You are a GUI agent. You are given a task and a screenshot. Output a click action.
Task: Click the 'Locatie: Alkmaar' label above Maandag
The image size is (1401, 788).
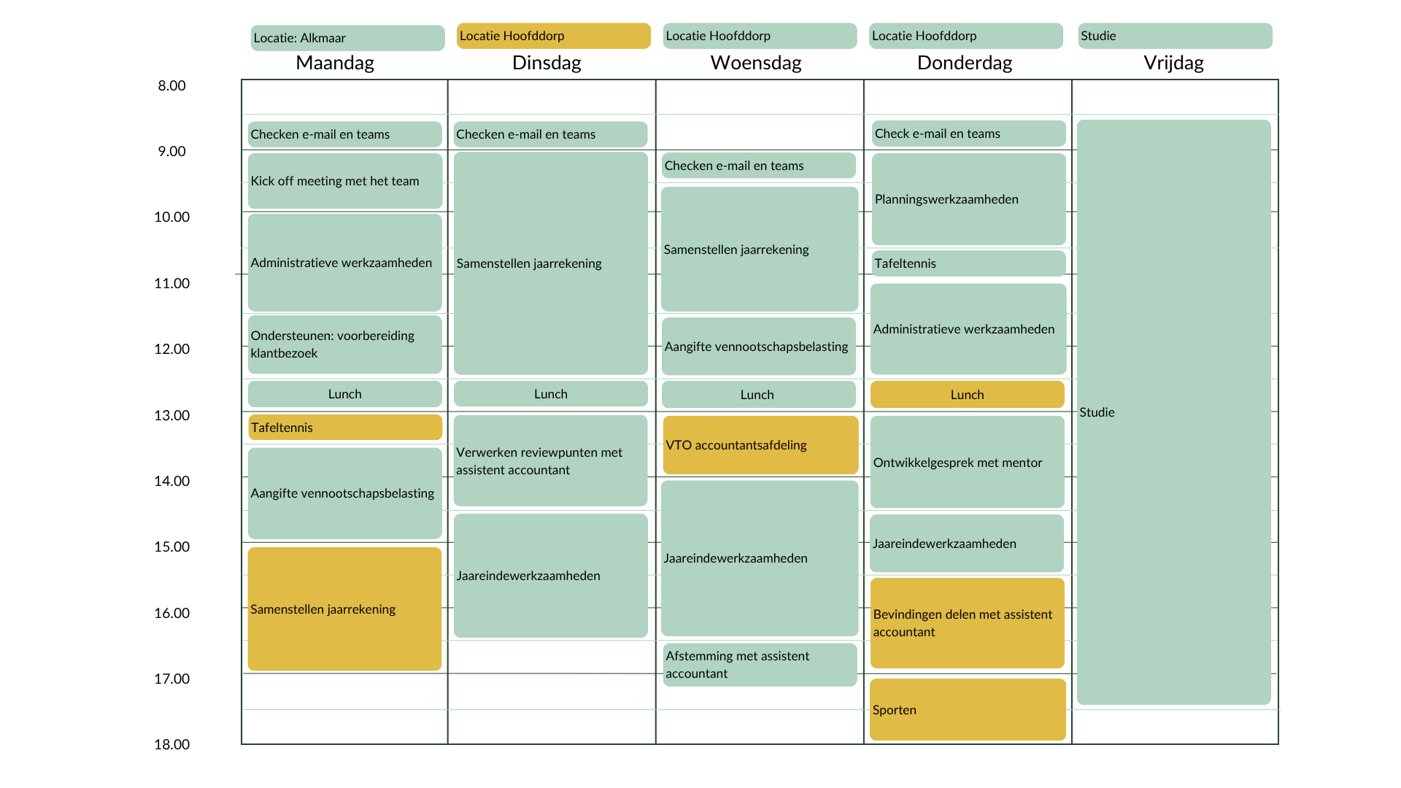click(x=347, y=38)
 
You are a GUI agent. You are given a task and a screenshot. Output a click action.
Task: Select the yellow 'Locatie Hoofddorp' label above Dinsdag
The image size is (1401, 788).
click(x=553, y=36)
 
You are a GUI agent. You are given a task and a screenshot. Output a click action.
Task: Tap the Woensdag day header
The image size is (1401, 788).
click(x=756, y=63)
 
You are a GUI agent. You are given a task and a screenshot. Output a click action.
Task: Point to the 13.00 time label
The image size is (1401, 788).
click(x=171, y=415)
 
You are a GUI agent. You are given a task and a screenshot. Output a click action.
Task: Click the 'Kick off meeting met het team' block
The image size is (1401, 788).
click(x=345, y=181)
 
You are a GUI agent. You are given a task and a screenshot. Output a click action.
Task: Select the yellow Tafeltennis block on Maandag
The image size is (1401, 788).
click(x=345, y=428)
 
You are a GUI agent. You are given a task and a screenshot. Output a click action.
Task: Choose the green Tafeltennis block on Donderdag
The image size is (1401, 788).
click(x=968, y=263)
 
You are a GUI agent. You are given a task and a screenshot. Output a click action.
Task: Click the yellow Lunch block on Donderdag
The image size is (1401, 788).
click(x=968, y=395)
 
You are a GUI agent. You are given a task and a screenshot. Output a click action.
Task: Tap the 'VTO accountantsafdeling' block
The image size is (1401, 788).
click(x=760, y=445)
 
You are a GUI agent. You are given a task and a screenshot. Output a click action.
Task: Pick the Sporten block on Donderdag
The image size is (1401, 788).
click(x=968, y=710)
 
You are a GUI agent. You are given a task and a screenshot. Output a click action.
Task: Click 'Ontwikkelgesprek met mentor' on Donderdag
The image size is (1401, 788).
click(x=968, y=462)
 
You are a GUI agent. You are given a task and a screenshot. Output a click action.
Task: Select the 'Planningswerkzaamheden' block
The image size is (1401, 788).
click(x=968, y=199)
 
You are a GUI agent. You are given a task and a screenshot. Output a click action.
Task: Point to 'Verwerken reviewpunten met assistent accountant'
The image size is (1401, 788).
click(x=550, y=460)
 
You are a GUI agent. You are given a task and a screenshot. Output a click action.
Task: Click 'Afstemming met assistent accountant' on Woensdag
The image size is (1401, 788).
click(x=760, y=665)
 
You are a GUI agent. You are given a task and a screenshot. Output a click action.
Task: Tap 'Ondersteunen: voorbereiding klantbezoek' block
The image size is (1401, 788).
click(x=345, y=344)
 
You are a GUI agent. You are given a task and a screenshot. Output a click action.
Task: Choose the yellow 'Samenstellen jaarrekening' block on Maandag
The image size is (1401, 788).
click(x=344, y=609)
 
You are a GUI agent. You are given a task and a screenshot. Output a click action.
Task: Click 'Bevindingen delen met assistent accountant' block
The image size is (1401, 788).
click(x=968, y=623)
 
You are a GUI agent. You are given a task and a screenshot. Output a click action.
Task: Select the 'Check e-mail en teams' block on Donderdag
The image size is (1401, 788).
click(x=968, y=134)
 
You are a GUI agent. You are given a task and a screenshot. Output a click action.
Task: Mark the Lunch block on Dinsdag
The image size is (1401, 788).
click(x=550, y=394)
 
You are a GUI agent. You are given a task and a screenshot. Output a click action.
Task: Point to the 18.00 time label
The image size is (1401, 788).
click(x=171, y=744)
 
